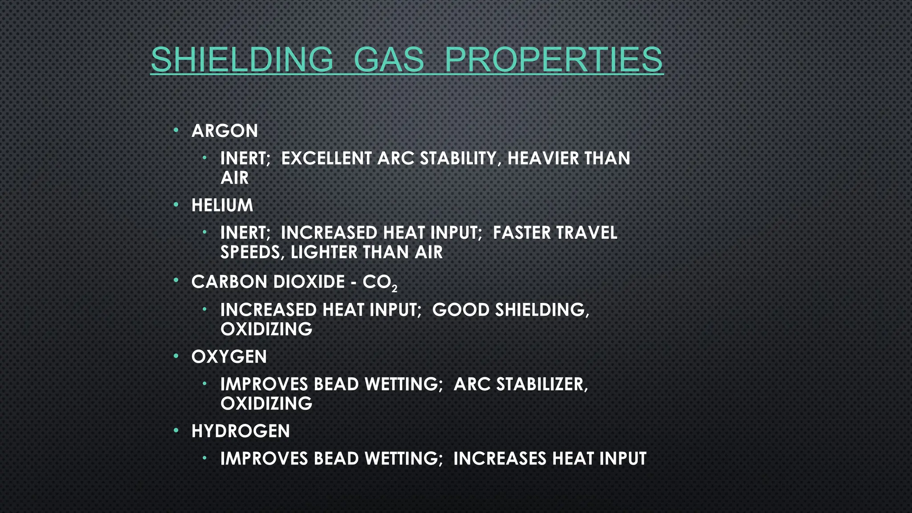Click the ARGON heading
pyautogui.click(x=224, y=131)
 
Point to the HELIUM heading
pyautogui.click(x=222, y=205)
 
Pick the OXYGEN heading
pyautogui.click(x=229, y=357)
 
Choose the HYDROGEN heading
pyautogui.click(x=240, y=431)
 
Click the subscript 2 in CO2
pyautogui.click(x=394, y=289)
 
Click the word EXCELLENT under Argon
pyautogui.click(x=326, y=159)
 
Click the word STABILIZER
pyautogui.click(x=542, y=384)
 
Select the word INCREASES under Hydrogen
pyautogui.click(x=500, y=459)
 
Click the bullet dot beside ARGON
pyautogui.click(x=176, y=130)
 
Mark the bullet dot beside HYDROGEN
pyautogui.click(x=176, y=431)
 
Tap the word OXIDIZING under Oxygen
pyautogui.click(x=266, y=404)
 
